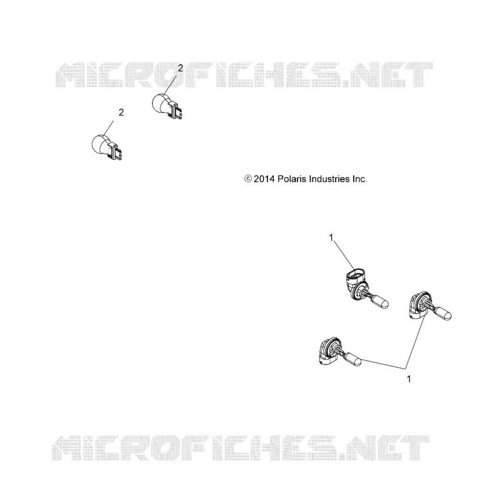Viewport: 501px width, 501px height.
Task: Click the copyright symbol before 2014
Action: [248, 179]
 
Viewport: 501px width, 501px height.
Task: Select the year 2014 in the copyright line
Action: [264, 179]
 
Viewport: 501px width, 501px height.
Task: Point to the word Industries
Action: [331, 179]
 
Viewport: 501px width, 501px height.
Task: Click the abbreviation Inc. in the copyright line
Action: [359, 179]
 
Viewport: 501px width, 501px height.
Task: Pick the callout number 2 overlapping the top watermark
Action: [180, 68]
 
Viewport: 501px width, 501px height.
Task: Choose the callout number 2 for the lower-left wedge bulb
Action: [121, 113]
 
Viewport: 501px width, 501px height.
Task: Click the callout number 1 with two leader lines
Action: [409, 379]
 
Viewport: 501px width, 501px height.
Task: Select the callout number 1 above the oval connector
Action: [331, 237]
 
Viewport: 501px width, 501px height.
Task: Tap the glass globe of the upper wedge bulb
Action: [160, 103]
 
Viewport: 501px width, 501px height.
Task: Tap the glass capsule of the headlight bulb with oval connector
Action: [381, 302]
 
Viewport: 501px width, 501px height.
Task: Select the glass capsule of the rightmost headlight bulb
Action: [443, 314]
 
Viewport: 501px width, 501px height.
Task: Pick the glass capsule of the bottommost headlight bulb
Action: [353, 359]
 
